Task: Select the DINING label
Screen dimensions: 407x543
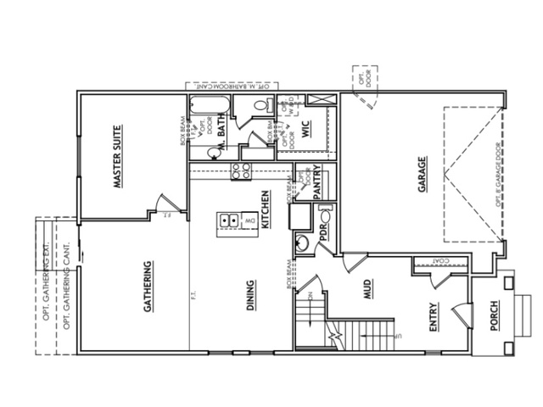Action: coord(251,297)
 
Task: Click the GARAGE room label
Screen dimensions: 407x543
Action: coord(422,175)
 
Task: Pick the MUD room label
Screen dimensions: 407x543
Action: coord(369,293)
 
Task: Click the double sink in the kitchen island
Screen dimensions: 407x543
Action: coord(229,220)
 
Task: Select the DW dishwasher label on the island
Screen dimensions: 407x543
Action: coord(249,221)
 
